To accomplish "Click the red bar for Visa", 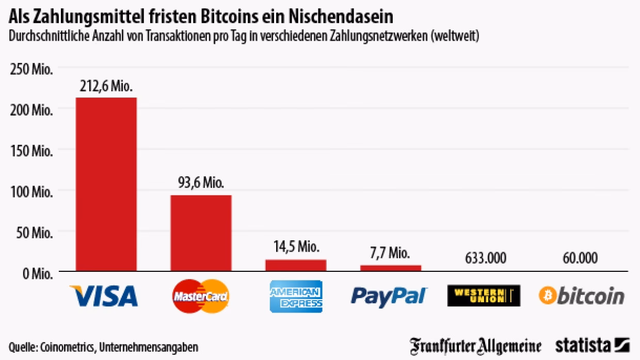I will pyautogui.click(x=106, y=184).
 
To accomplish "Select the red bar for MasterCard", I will pyautogui.click(x=201, y=233).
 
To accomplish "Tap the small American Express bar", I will pyautogui.click(x=296, y=265).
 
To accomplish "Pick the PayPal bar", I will pyautogui.click(x=391, y=268).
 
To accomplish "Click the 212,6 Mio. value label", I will pyautogui.click(x=106, y=86).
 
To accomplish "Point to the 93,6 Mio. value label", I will pyautogui.click(x=201, y=183).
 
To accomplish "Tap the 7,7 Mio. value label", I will pyautogui.click(x=391, y=253).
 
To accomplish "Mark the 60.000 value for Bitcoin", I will pyautogui.click(x=581, y=257).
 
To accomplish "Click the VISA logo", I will pyautogui.click(x=104, y=296).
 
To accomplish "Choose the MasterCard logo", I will pyautogui.click(x=201, y=296).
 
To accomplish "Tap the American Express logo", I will pyautogui.click(x=296, y=296).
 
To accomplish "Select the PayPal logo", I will pyautogui.click(x=389, y=296).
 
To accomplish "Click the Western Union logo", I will pyautogui.click(x=484, y=296).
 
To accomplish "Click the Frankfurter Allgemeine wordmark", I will pyautogui.click(x=476, y=346).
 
